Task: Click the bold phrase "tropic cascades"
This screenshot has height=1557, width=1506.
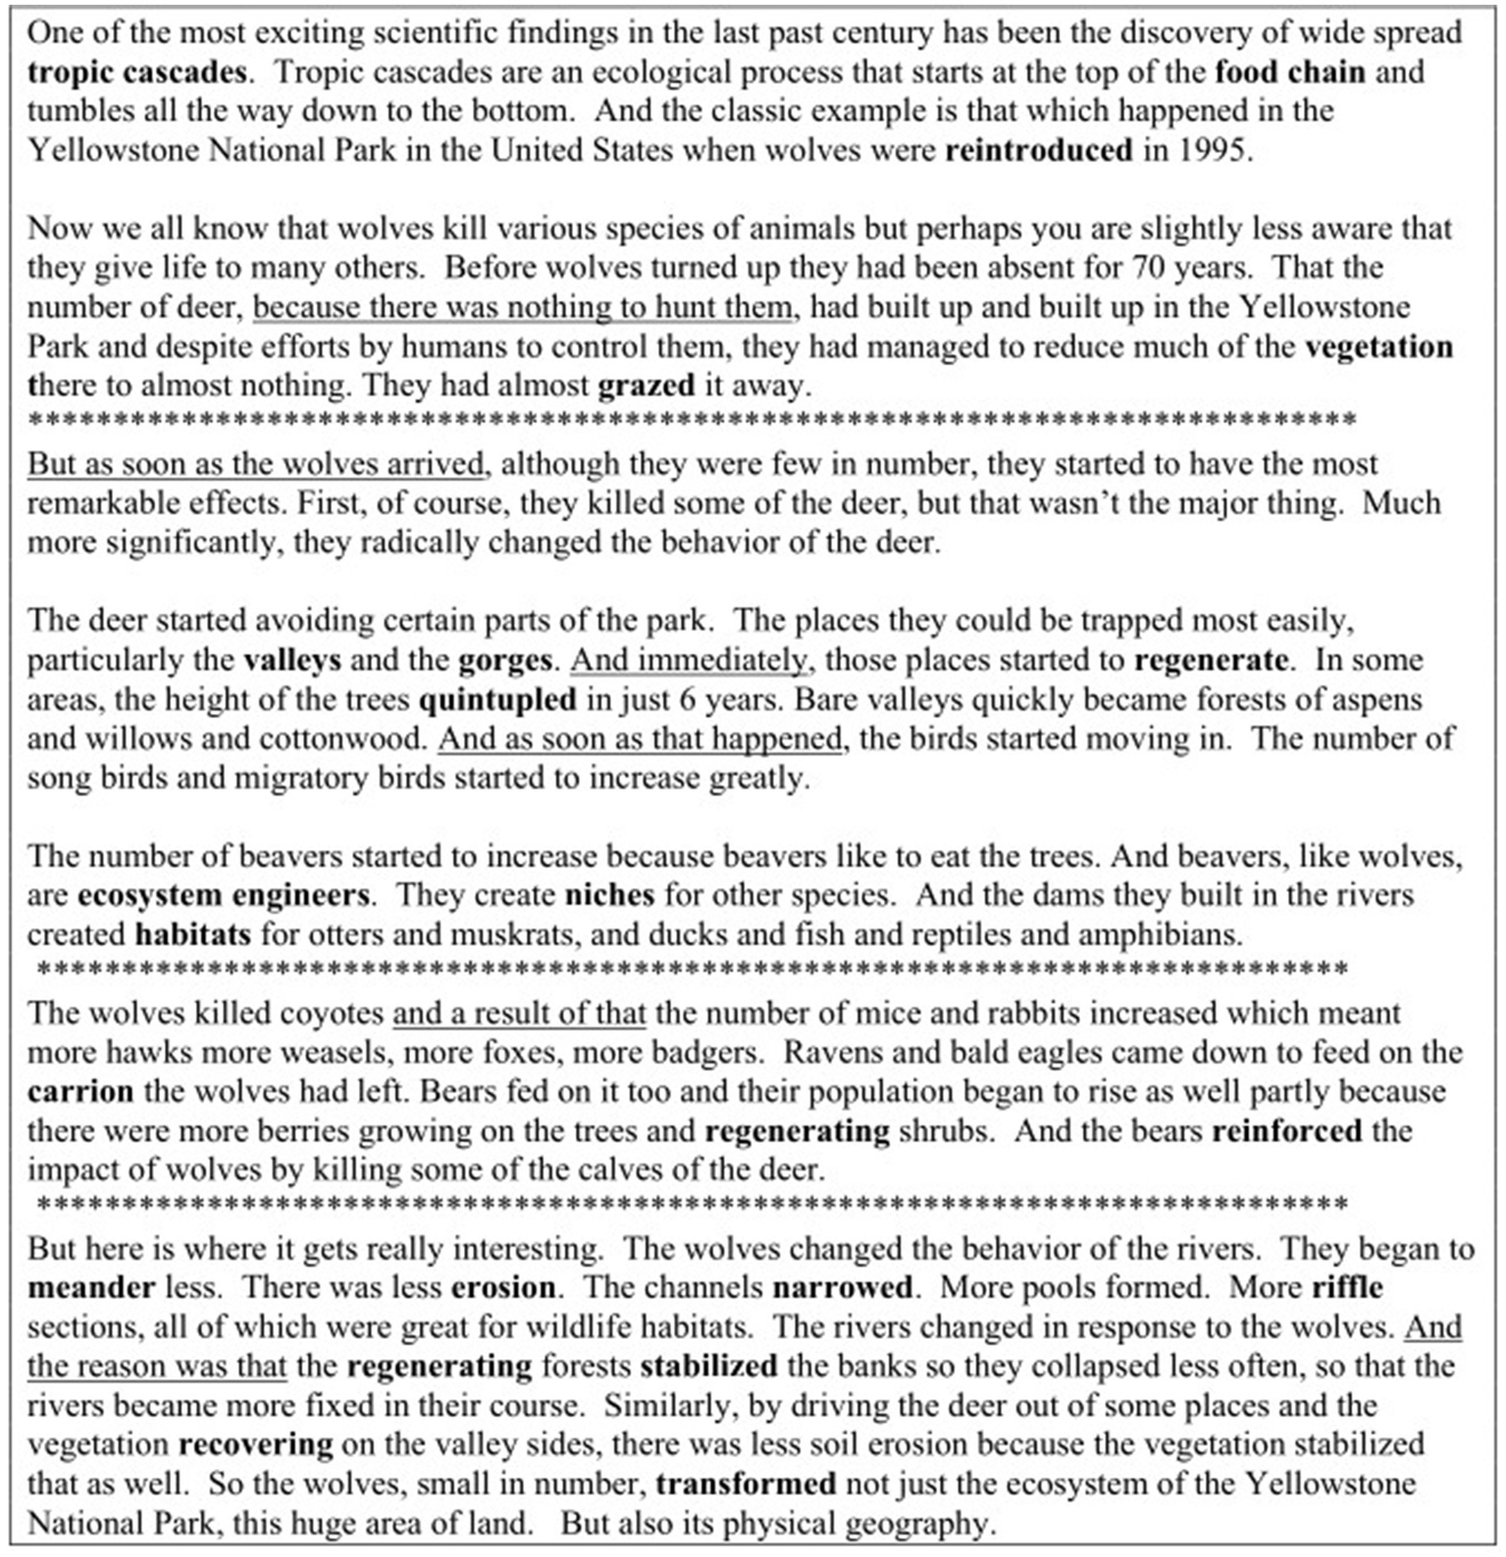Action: [137, 73]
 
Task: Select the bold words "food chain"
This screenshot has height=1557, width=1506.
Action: [1289, 73]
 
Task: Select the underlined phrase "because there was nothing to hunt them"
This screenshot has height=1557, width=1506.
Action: [522, 307]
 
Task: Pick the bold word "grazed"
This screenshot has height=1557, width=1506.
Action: [646, 386]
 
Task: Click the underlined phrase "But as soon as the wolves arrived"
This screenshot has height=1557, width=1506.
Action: [257, 464]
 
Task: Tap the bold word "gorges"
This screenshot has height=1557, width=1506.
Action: [504, 659]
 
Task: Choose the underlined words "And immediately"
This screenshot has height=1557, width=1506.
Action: [691, 659]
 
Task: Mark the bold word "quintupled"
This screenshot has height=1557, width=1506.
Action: [497, 700]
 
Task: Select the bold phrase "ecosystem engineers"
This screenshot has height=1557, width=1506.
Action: [223, 896]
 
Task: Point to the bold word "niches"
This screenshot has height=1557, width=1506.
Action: [609, 896]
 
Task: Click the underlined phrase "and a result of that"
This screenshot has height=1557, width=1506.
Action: [519, 1013]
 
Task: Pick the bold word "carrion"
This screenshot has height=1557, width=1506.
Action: [80, 1092]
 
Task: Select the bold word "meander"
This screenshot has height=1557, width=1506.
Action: [91, 1287]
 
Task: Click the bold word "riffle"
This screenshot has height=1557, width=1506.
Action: [1347, 1287]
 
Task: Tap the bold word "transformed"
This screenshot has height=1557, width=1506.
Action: [746, 1483]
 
